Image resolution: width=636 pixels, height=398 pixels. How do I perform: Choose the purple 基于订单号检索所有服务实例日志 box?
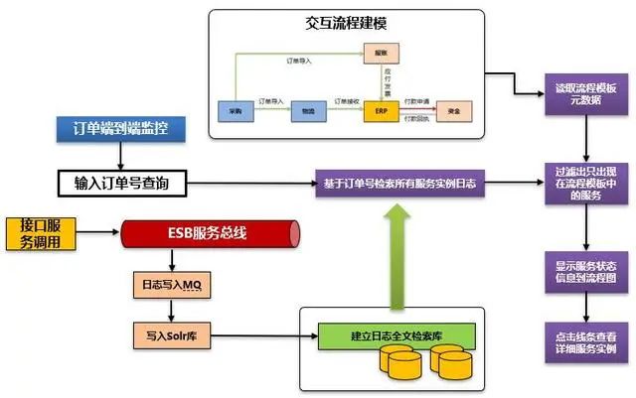click(x=396, y=184)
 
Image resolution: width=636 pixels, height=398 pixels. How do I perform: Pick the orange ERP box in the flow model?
click(x=381, y=112)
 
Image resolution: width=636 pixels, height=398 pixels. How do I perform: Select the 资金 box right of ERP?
click(x=454, y=112)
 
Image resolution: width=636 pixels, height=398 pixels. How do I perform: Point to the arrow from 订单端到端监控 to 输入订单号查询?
click(x=121, y=155)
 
